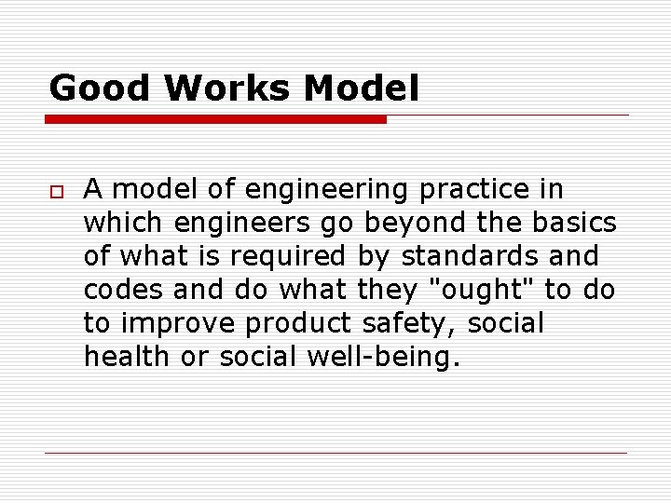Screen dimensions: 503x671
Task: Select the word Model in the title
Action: point(361,88)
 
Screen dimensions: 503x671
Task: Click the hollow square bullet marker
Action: point(56,190)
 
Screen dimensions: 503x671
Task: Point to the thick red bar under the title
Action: point(216,119)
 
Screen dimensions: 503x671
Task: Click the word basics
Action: point(572,224)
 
